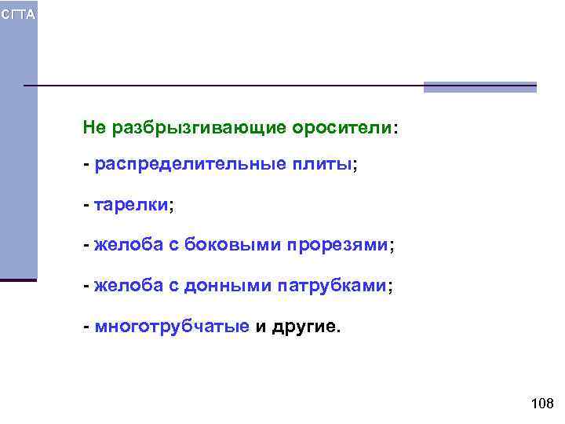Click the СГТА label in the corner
click(x=17, y=16)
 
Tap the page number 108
click(x=542, y=404)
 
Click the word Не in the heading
click(x=94, y=127)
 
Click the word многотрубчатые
click(x=171, y=326)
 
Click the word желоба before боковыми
click(x=127, y=246)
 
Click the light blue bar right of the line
click(x=479, y=87)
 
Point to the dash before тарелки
click(x=86, y=206)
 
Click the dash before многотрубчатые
click(x=86, y=326)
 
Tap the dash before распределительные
click(x=86, y=166)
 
